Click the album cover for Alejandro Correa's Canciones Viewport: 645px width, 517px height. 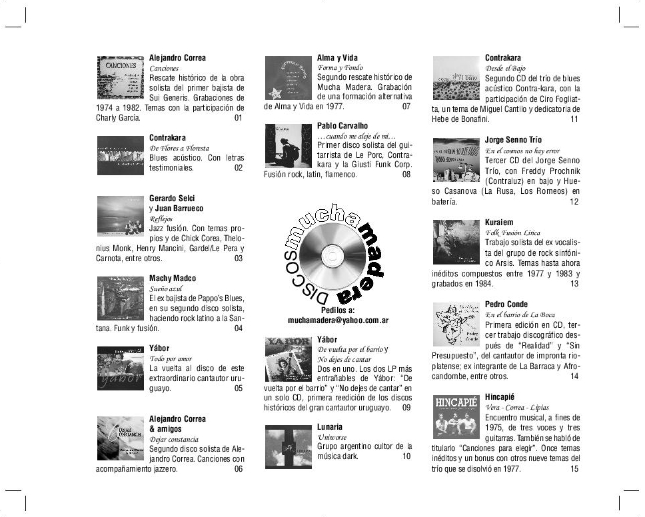120,77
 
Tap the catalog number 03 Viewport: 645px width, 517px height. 239,258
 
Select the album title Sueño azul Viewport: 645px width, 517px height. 166,288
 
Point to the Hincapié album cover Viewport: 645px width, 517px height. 456,416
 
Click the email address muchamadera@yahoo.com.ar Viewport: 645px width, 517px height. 338,320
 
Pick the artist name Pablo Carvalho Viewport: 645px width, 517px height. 342,125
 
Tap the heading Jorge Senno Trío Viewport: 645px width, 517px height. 513,140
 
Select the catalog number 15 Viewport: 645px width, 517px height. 574,469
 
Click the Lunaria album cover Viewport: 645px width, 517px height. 288,446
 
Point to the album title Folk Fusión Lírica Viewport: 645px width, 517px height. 512,233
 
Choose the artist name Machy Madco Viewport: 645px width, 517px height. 173,278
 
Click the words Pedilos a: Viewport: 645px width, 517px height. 338,310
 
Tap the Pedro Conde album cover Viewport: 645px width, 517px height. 456,324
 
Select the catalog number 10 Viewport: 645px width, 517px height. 406,456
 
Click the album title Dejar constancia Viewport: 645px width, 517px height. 174,439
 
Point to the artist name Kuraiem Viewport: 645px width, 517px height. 499,223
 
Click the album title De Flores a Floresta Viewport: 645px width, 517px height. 179,148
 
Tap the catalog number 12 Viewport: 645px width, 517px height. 574,202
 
